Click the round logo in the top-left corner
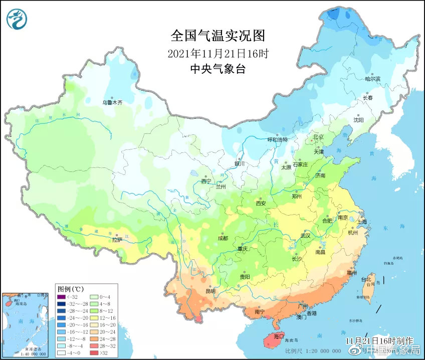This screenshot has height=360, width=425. tap(17, 19)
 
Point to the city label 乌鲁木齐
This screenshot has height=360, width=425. tap(112, 102)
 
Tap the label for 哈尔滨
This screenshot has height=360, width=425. tap(373, 79)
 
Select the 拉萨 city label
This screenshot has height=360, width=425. tap(117, 240)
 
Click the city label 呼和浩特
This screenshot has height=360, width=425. tap(277, 140)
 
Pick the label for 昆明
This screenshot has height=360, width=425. tap(210, 291)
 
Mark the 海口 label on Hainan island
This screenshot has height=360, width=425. tap(277, 336)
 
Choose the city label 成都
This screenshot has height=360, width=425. tap(223, 238)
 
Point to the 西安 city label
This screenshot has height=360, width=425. tap(261, 203)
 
